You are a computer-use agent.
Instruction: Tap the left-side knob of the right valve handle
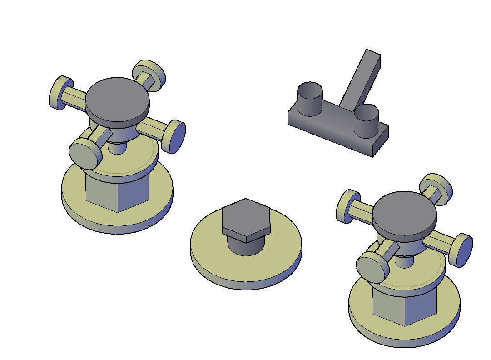tap(347, 206)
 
